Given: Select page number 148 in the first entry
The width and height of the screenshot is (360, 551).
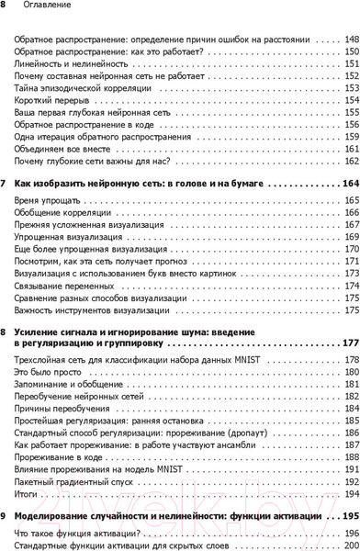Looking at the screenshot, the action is [x=351, y=41].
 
